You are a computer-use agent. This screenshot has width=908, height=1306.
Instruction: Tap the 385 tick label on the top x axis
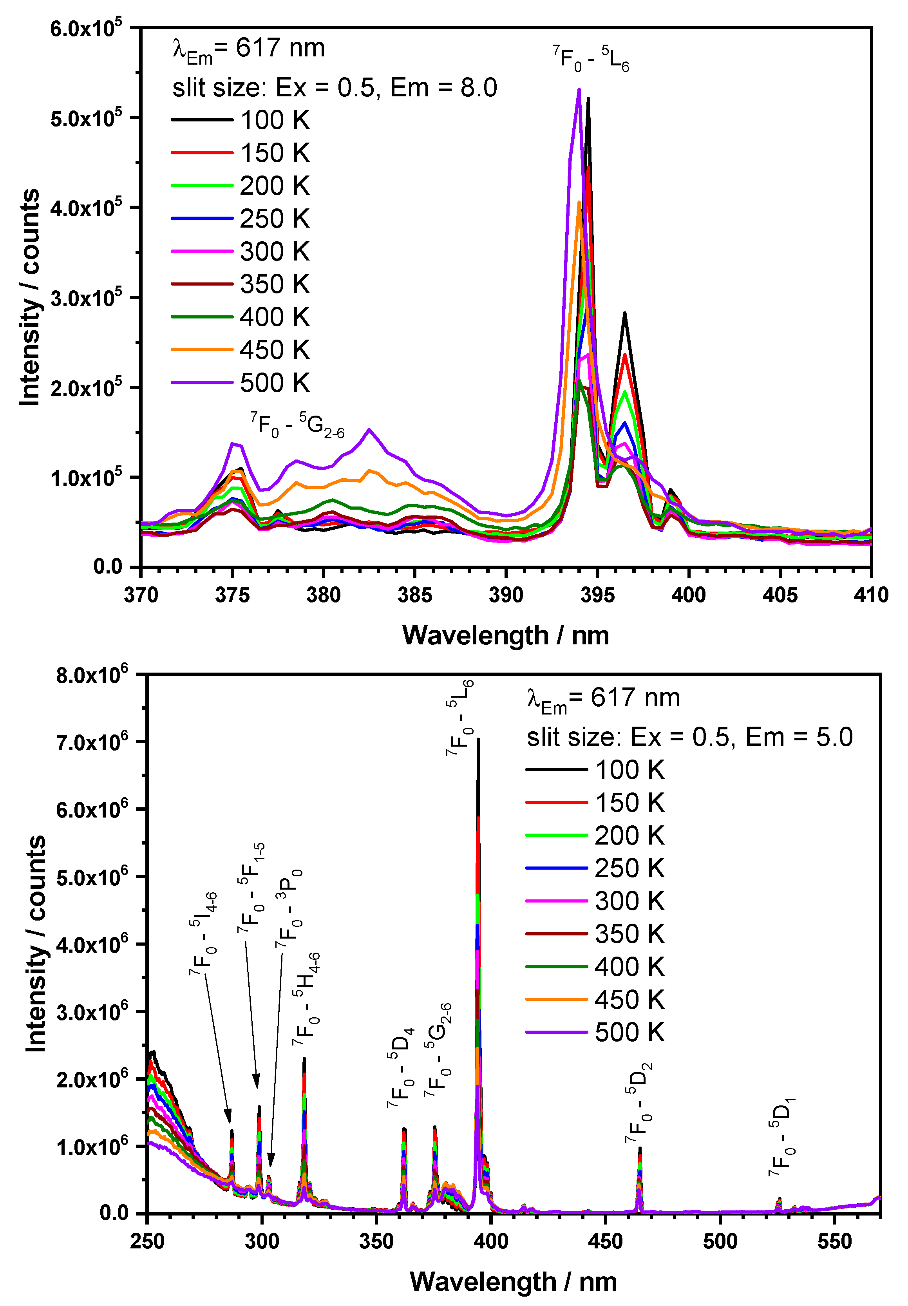415,595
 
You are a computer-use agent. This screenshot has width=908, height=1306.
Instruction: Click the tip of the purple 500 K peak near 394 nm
579,89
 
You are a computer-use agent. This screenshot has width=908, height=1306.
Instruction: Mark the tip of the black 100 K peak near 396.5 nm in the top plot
625,313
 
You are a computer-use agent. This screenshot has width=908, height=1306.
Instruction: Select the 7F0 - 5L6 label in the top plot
591,59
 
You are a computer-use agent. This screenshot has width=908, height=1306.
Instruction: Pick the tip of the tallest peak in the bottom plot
478,740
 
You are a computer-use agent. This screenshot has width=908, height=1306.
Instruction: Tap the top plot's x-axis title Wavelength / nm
505,635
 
